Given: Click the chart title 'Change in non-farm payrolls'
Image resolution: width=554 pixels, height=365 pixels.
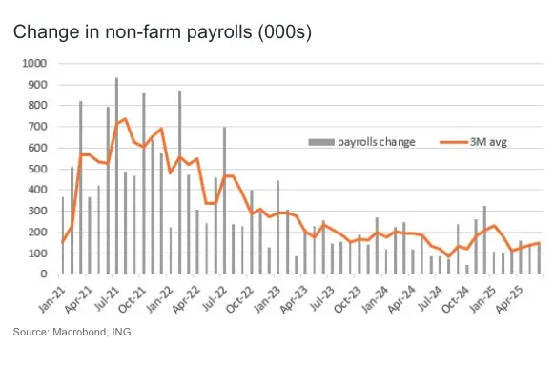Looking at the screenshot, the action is point(133,32).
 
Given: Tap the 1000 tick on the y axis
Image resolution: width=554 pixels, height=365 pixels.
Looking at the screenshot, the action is point(34,64).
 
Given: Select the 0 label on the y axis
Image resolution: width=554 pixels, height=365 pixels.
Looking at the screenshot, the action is point(44,274).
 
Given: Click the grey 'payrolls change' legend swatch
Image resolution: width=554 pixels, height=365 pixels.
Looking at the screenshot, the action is point(321,142).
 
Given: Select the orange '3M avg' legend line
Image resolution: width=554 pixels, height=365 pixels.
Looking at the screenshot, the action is point(454,142).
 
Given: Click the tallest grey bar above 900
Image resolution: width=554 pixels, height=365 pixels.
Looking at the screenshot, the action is point(116,175).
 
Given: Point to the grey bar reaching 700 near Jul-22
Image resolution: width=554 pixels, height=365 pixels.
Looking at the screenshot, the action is point(224,200).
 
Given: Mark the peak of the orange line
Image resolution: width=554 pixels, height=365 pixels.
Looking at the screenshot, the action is point(125,118).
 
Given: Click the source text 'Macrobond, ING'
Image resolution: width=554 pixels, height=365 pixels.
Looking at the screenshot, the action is point(92,332).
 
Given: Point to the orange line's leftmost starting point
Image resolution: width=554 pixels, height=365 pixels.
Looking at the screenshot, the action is point(63,242).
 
